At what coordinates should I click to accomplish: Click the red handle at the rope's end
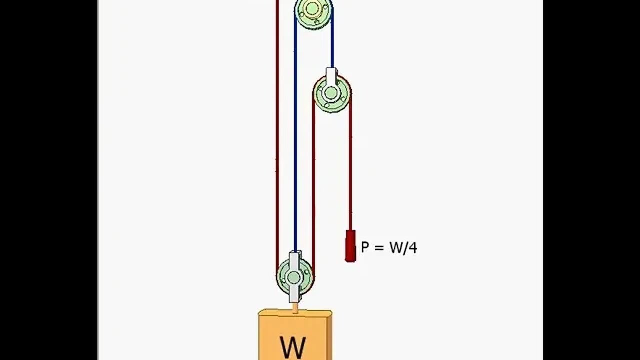tap(350, 245)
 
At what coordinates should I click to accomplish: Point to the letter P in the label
tap(365, 247)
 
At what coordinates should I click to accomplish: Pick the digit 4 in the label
tap(412, 247)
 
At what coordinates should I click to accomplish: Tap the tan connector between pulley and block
tap(295, 307)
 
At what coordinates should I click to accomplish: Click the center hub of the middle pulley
tap(331, 93)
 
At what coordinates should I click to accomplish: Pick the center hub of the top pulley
tap(312, 8)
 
